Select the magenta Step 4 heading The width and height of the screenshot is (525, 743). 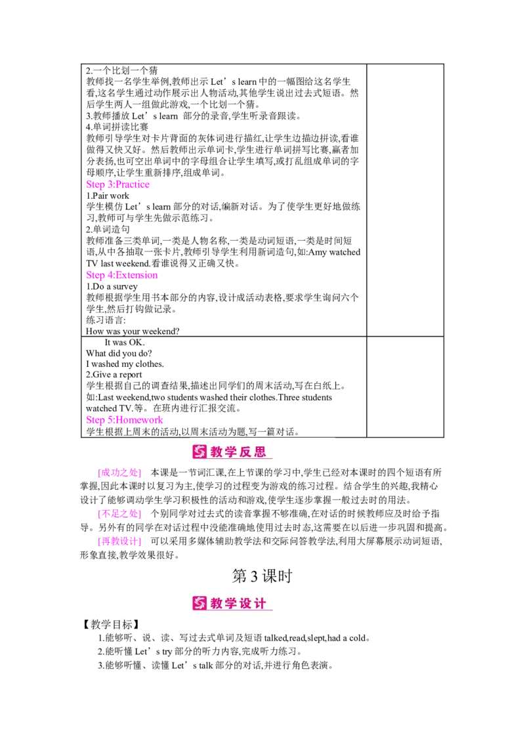[122, 276]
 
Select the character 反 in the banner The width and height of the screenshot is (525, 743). [247, 452]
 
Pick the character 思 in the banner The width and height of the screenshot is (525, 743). [261, 452]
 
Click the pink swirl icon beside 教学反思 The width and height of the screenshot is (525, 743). [199, 452]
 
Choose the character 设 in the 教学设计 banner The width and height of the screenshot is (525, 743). [247, 603]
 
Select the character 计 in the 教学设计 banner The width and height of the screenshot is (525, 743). [261, 603]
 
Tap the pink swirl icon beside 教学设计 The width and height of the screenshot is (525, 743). [199, 603]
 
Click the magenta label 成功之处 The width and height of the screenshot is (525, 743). [119, 473]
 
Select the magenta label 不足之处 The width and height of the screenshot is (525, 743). [119, 514]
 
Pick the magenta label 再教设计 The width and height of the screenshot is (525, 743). [119, 541]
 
